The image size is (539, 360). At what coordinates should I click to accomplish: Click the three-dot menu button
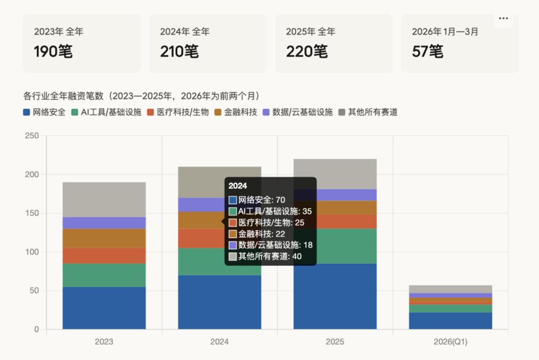(503, 18)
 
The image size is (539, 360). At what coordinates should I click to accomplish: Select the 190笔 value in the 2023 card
(53, 52)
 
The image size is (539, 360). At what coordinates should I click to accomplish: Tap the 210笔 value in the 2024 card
(179, 52)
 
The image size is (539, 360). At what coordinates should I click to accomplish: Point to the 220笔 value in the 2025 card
(306, 52)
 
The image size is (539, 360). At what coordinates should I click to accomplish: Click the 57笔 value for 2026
(427, 52)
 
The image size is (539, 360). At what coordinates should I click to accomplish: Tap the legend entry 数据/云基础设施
(297, 112)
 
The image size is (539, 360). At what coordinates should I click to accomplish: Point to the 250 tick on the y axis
(32, 136)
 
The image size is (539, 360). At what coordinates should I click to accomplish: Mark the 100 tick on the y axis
(32, 252)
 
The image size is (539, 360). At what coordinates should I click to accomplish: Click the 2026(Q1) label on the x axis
(451, 342)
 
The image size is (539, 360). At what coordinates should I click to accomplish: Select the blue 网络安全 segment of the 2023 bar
(104, 308)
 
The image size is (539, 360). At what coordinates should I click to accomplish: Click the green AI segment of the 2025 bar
(335, 246)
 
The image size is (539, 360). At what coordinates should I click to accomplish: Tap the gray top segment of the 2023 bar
(104, 199)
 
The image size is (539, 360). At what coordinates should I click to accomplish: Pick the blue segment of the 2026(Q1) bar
(451, 321)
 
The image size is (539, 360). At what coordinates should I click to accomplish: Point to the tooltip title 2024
(238, 186)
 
